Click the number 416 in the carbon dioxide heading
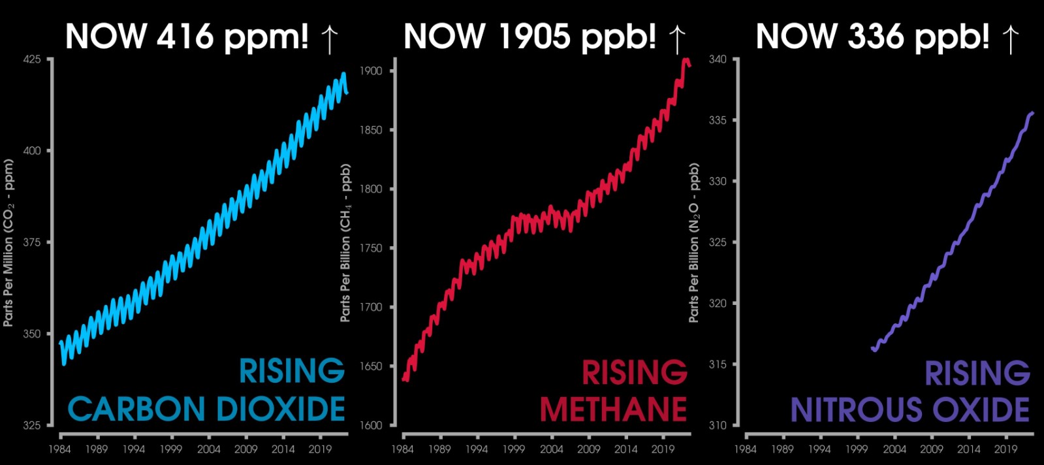click(x=185, y=37)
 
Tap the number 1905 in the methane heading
click(x=534, y=37)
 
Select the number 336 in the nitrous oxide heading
click(x=876, y=37)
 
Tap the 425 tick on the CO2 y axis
click(x=32, y=59)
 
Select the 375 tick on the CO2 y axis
click(x=32, y=242)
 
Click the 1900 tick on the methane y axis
click(x=371, y=71)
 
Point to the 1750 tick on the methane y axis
click(x=371, y=248)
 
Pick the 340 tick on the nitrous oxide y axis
click(x=718, y=59)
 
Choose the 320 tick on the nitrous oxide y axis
click(x=718, y=303)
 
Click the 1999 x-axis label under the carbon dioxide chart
click(x=171, y=449)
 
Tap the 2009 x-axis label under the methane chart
click(x=588, y=449)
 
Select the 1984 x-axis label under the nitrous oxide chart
click(x=745, y=449)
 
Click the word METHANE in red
click(x=613, y=410)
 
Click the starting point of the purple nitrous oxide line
click(x=873, y=349)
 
